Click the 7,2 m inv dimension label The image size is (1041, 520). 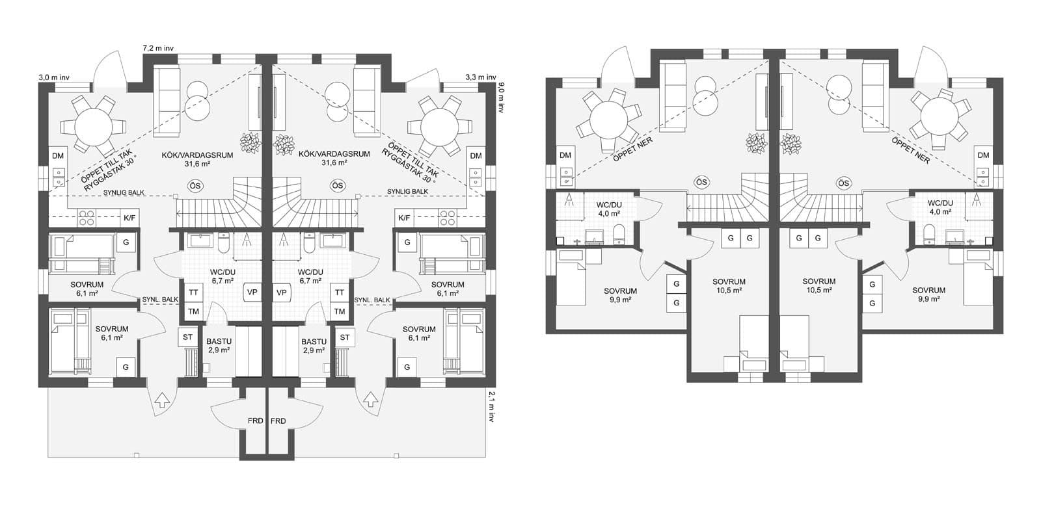tap(158, 47)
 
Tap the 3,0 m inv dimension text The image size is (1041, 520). tap(54, 77)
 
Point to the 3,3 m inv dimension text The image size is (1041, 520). tap(480, 77)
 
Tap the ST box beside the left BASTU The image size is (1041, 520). tap(188, 337)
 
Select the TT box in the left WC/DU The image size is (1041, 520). tap(193, 293)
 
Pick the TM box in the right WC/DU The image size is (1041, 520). tap(340, 311)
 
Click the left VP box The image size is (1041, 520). tap(252, 292)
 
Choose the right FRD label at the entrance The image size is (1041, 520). tap(278, 421)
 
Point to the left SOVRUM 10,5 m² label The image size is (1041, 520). tap(729, 286)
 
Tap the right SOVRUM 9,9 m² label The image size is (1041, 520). tap(928, 294)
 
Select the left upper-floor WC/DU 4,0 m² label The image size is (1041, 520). tap(609, 209)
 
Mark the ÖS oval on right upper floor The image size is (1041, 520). tap(845, 183)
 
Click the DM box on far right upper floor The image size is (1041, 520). tap(983, 155)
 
